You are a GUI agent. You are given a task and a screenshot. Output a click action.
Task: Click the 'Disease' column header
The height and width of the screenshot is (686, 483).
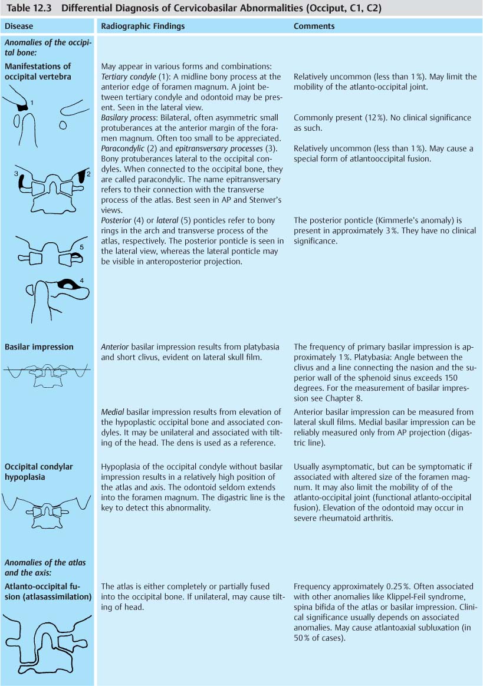pos(19,27)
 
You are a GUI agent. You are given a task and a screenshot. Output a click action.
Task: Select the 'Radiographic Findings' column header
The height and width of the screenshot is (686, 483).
pos(143,27)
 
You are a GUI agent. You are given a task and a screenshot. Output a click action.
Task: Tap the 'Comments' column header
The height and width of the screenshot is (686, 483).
pos(314,27)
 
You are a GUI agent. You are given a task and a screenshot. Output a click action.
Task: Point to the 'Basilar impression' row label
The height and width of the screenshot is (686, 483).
pos(39,347)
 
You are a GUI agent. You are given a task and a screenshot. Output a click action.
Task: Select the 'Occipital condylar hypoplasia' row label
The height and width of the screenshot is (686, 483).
pos(39,471)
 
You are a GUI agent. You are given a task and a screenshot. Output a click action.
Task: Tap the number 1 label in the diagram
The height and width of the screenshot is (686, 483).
pos(32,103)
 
